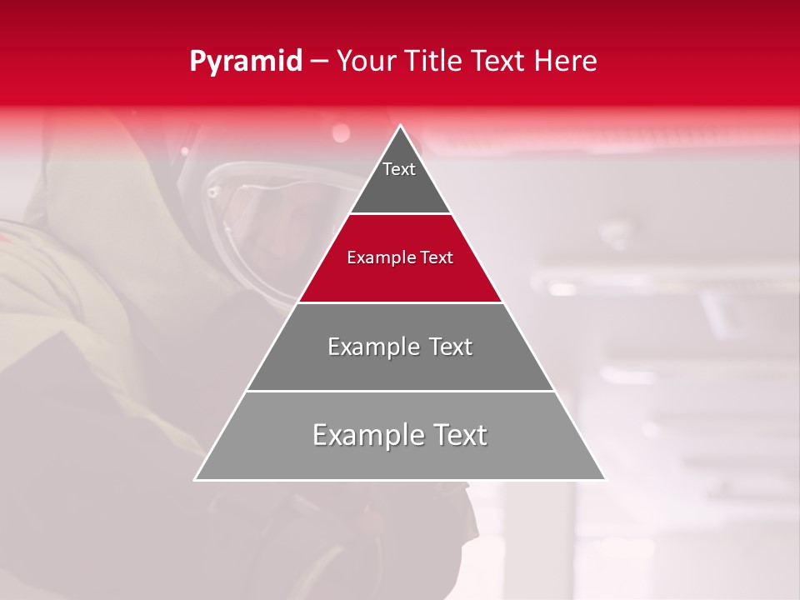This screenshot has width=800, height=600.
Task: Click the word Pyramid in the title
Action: tap(245, 62)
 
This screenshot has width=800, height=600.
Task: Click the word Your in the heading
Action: tap(364, 62)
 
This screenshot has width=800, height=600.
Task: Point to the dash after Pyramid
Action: tap(318, 62)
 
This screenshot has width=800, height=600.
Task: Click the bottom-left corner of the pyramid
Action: tap(196, 479)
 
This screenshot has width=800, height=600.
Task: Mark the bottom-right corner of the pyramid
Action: tap(605, 479)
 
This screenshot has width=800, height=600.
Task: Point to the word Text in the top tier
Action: tap(399, 169)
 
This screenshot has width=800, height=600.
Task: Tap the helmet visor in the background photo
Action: tap(258, 225)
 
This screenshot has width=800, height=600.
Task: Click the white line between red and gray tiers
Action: tap(400, 302)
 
